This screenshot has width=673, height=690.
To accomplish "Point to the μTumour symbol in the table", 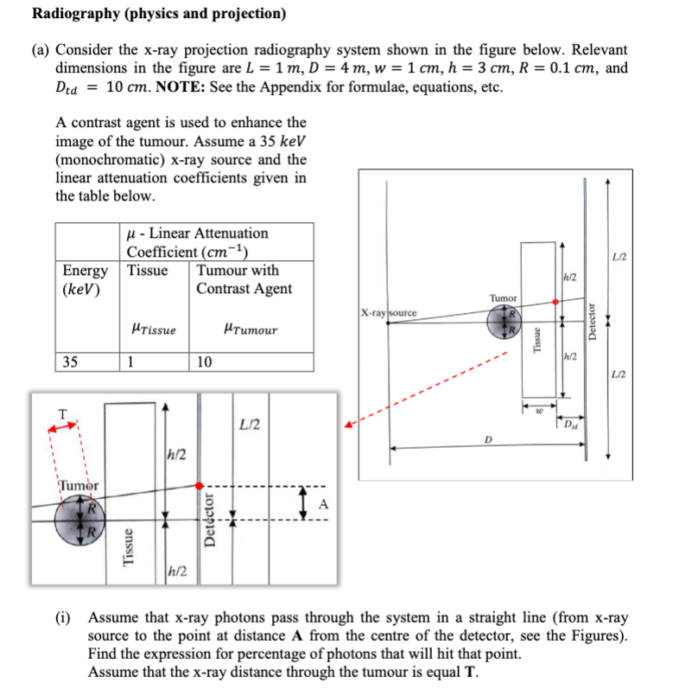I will pos(250,329).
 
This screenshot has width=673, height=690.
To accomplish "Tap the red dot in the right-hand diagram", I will pos(555,302).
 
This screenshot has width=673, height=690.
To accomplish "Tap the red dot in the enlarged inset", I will pos(200,486).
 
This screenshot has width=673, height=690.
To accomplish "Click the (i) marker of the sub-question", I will pos(66,618).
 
